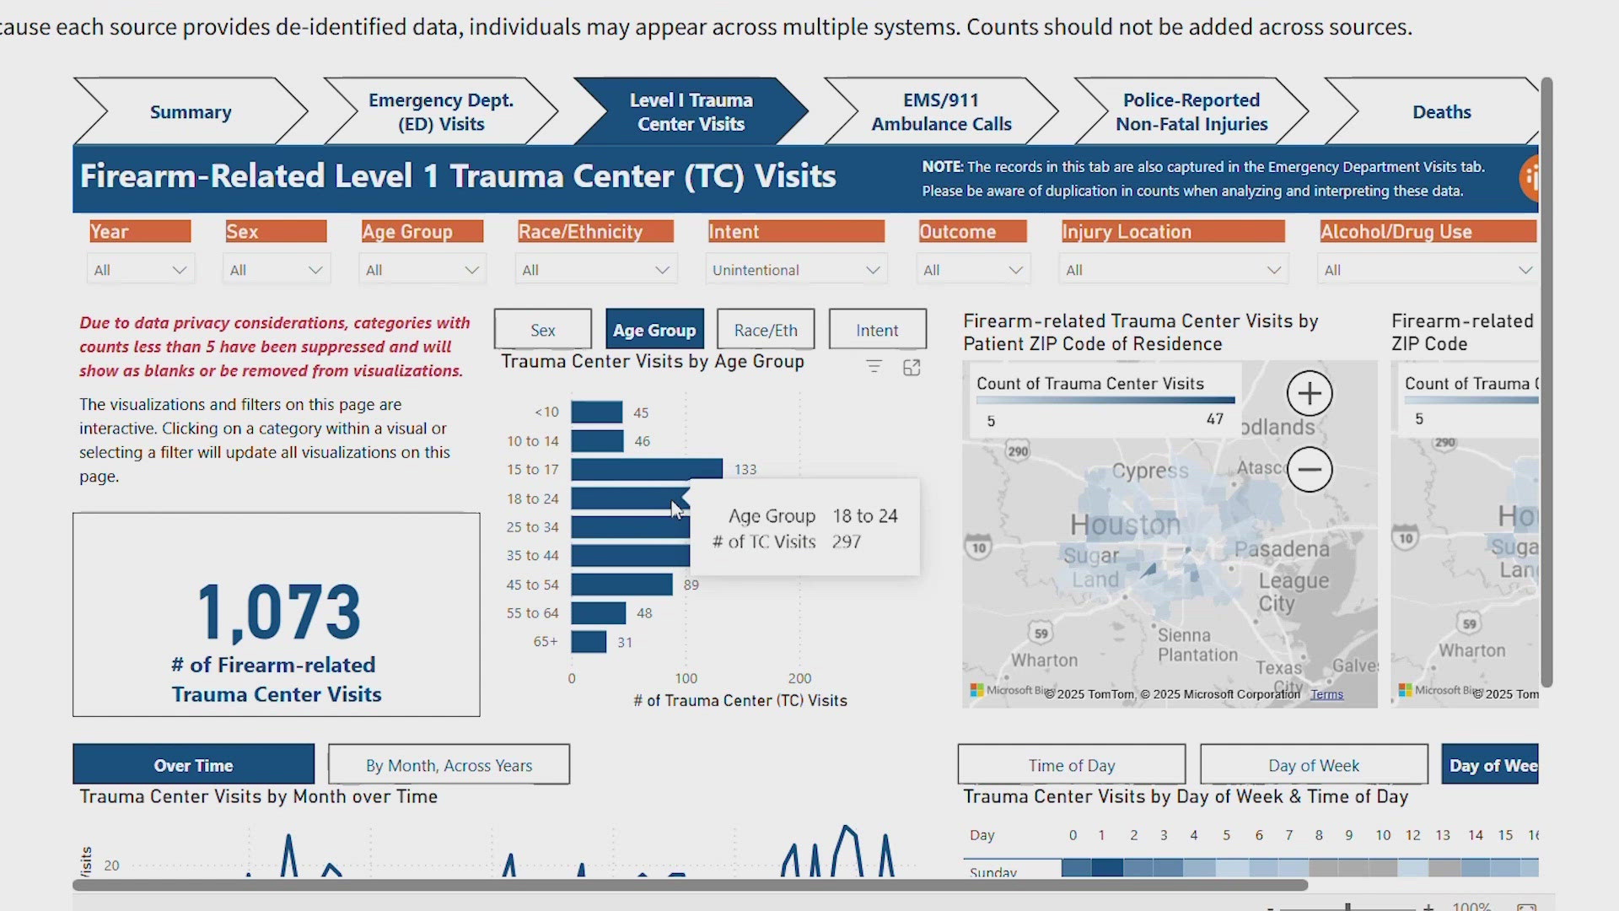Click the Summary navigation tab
[191, 112]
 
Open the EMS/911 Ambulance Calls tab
[941, 112]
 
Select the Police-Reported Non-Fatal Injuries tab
[1191, 112]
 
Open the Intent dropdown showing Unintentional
[795, 270]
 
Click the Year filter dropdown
[140, 270]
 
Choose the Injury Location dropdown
[1172, 270]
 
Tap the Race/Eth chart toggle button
[766, 330]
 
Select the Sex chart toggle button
[543, 330]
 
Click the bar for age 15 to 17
[646, 469]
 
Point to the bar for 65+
[589, 642]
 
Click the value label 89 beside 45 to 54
[691, 585]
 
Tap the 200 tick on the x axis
[799, 678]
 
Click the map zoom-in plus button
[1310, 393]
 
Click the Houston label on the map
[1125, 525]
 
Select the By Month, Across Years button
[449, 765]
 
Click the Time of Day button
[1071, 765]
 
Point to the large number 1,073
[278, 613]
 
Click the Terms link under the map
[1326, 694]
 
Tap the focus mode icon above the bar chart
[912, 368]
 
